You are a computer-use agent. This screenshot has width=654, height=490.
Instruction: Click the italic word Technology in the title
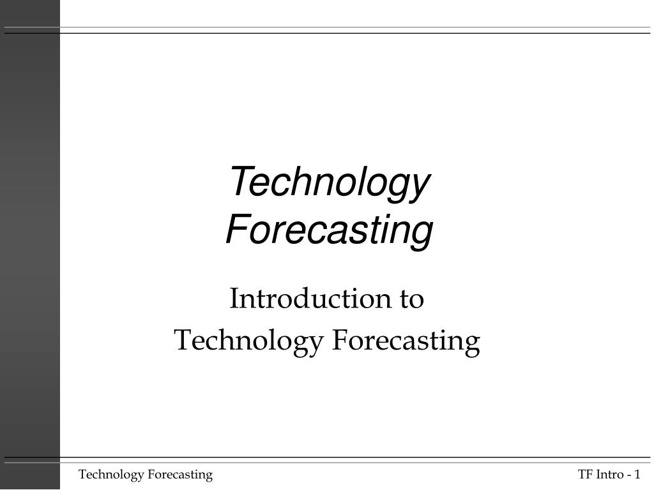point(330,182)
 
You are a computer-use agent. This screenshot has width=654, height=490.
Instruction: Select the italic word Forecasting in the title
point(330,230)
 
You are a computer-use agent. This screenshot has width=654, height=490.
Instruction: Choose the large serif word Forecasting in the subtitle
point(406,341)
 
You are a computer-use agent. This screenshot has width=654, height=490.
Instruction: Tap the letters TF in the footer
point(585,474)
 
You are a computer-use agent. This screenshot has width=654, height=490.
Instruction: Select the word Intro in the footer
point(609,474)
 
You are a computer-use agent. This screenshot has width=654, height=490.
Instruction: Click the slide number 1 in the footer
point(637,474)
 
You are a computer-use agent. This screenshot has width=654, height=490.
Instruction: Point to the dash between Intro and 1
point(628,475)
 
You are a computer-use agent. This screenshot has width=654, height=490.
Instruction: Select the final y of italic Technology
point(418,186)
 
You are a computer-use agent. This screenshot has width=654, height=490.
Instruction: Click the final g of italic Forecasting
point(422,234)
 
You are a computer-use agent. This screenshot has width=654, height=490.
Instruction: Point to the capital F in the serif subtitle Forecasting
point(338,341)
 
